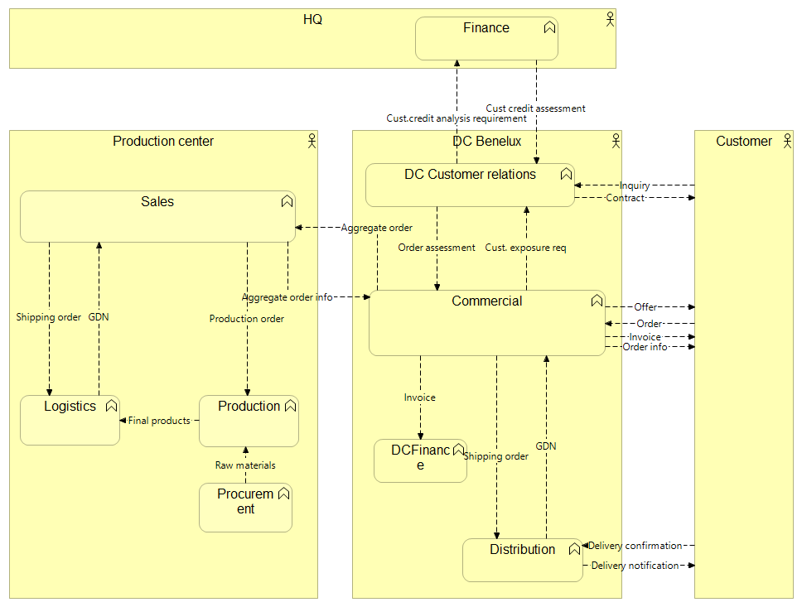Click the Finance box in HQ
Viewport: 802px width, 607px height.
point(486,39)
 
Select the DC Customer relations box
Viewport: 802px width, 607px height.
point(470,185)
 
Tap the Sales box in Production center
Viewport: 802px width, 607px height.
point(157,217)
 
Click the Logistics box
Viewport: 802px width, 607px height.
point(70,421)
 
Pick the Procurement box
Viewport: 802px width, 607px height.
point(245,508)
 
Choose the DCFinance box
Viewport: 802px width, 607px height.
point(420,460)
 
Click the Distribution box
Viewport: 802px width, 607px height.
point(522,561)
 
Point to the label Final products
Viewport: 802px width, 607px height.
point(159,421)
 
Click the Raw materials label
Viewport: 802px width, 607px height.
point(245,465)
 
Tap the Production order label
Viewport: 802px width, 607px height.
point(247,319)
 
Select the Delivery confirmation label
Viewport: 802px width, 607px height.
point(635,546)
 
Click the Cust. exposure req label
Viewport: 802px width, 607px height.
point(525,248)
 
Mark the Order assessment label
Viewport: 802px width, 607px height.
point(437,248)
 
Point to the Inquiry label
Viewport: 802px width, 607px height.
point(635,185)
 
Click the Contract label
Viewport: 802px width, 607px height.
point(625,198)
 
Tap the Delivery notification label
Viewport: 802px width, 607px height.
point(635,566)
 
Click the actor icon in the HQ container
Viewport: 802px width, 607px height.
point(610,18)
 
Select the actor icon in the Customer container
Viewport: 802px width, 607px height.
point(786,141)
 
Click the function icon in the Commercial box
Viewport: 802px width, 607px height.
point(597,301)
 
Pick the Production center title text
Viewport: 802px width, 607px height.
point(163,142)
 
